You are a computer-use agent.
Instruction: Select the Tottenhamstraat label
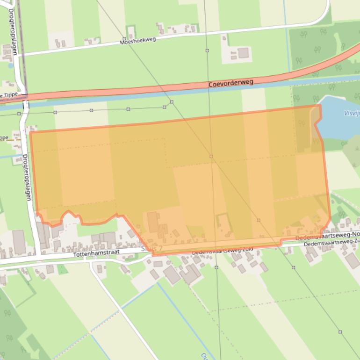click(97, 252)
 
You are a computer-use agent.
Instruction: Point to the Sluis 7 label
click(151, 248)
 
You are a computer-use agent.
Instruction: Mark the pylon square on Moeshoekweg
click(124, 39)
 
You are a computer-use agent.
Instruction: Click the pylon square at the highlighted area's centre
click(211, 156)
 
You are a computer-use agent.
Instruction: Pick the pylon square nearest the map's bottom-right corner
click(340, 332)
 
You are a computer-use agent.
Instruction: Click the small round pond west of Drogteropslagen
click(10, 65)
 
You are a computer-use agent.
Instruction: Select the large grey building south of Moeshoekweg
click(243, 53)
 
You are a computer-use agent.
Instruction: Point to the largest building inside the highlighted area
click(153, 221)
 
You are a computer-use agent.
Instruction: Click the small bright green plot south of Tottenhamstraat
click(62, 269)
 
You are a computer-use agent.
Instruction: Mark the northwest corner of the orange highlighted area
click(31, 132)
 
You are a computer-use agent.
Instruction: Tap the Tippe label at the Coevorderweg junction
click(10, 94)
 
